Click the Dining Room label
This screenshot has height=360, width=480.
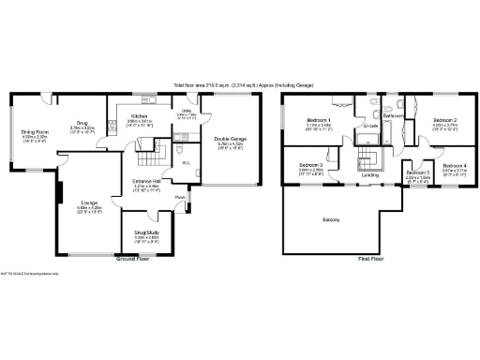tap(35, 132)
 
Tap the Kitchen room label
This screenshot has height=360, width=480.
tap(140, 118)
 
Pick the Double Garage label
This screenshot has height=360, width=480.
tap(230, 139)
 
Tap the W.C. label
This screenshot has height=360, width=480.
tap(186, 161)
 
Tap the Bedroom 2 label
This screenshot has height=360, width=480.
tap(444, 120)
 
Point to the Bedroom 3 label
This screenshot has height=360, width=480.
tap(311, 166)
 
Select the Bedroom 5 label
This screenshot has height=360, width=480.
tap(417, 172)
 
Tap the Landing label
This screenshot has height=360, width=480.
tap(371, 173)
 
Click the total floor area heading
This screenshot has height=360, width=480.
tap(240, 84)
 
